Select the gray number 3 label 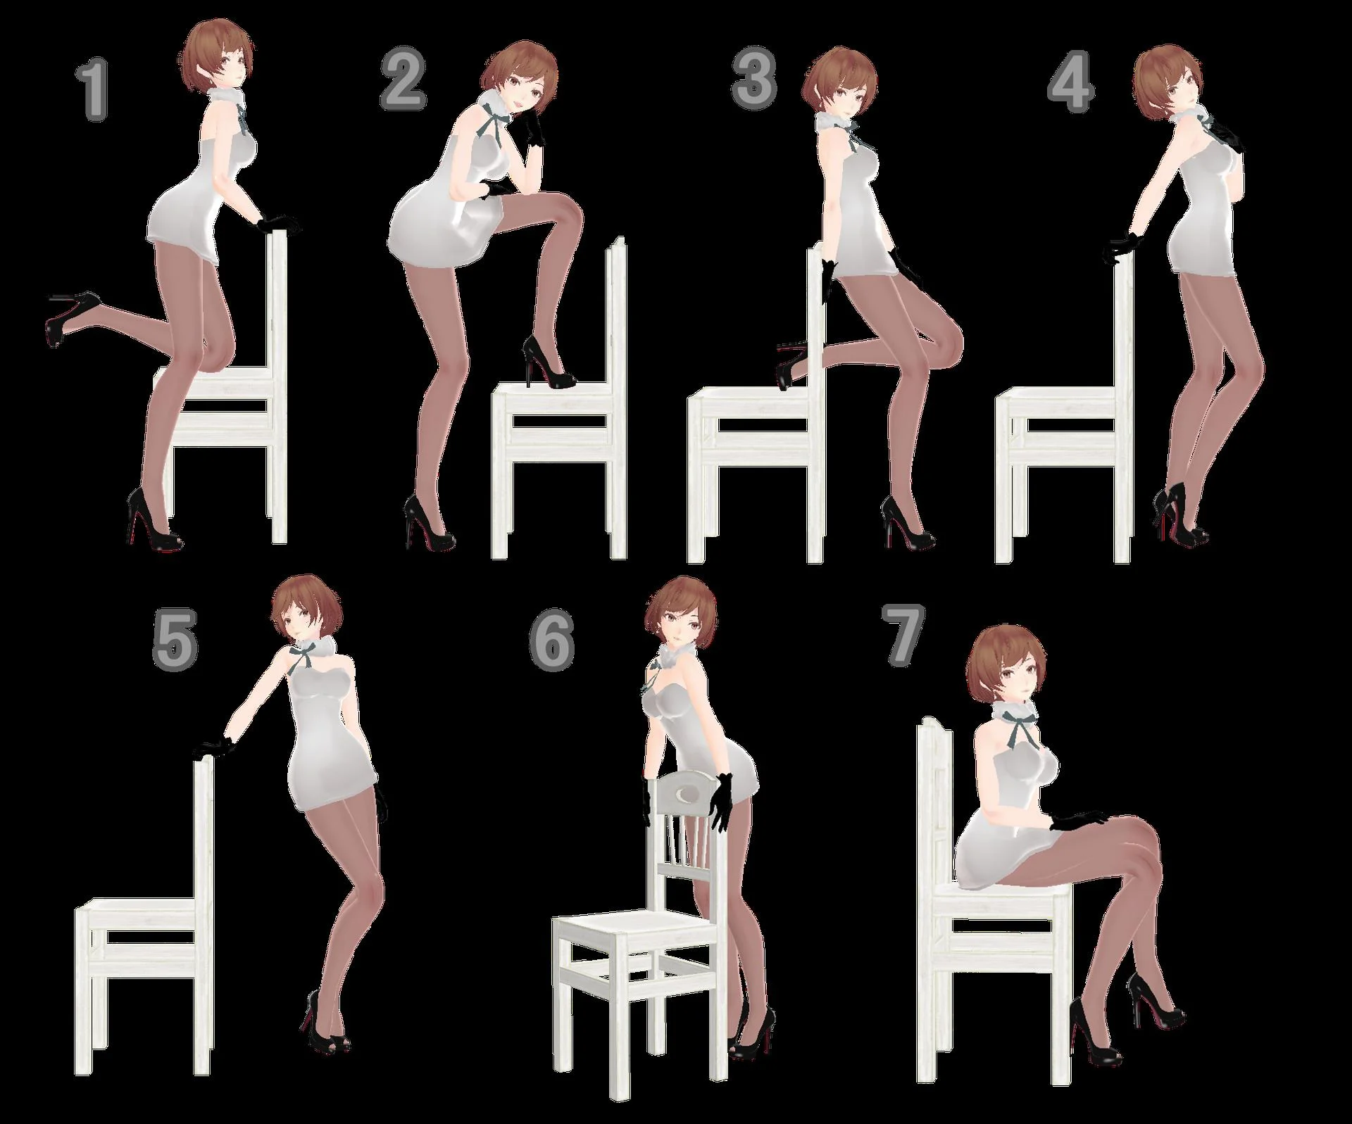[x=753, y=79]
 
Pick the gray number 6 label [x=552, y=640]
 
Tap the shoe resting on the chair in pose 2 [x=548, y=362]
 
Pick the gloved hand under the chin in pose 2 [x=532, y=128]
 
